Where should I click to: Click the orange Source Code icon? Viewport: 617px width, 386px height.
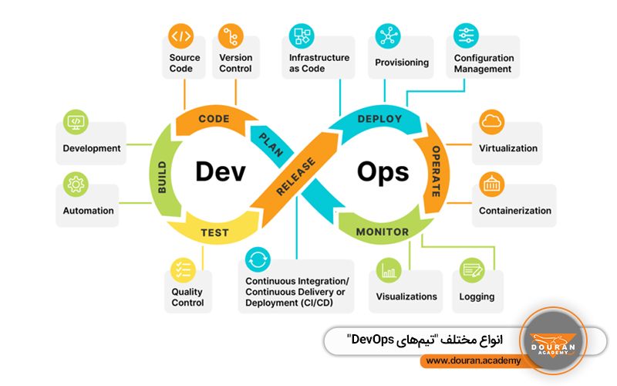pyautogui.click(x=181, y=36)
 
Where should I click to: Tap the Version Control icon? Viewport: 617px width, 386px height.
pyautogui.click(x=228, y=36)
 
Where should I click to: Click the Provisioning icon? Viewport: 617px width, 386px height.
pyautogui.click(x=387, y=36)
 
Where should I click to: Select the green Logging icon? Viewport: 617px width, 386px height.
pyautogui.click(x=470, y=271)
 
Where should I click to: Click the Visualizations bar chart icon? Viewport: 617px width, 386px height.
pyautogui.click(x=388, y=271)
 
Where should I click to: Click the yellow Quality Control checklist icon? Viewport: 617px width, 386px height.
pyautogui.click(x=183, y=269)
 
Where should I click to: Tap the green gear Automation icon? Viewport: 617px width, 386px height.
pyautogui.click(x=76, y=185)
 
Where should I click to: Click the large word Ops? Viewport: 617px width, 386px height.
pyautogui.click(x=383, y=171)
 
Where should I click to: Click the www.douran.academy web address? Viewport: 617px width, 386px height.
pyautogui.click(x=473, y=361)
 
